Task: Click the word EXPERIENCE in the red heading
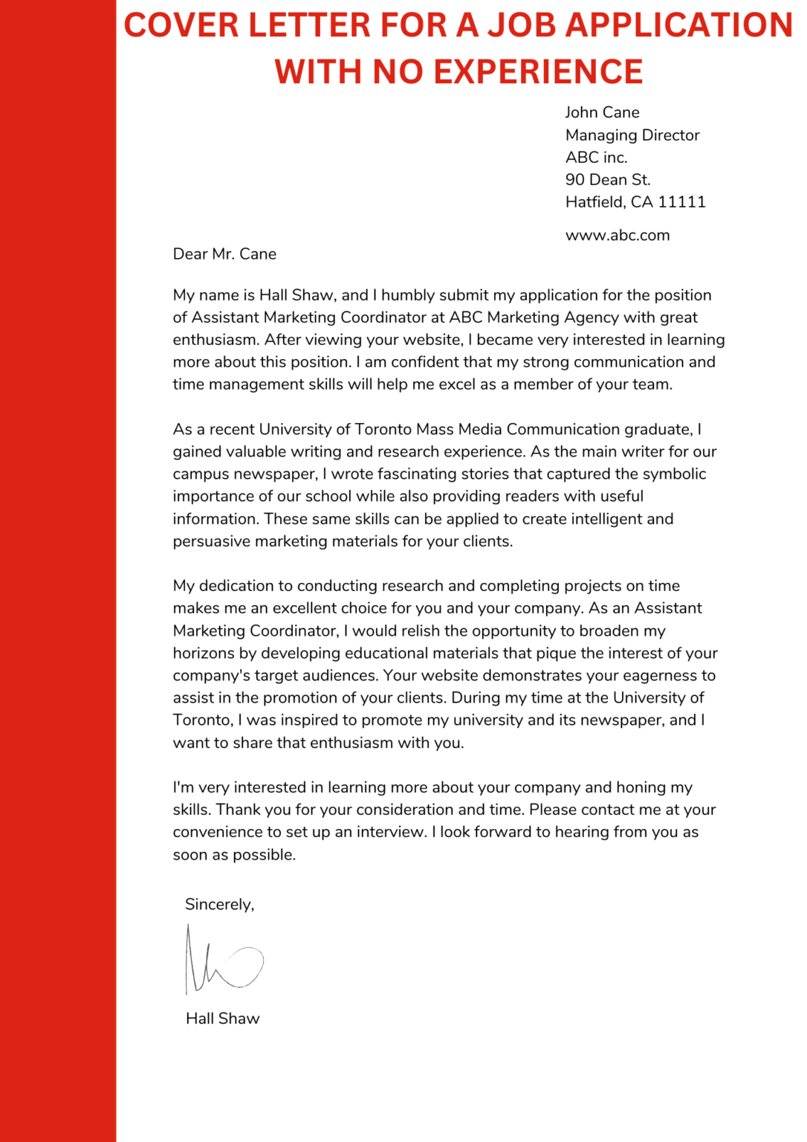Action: pyautogui.click(x=538, y=72)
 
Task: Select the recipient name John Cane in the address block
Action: pyautogui.click(x=602, y=112)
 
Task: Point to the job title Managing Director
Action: pyautogui.click(x=632, y=135)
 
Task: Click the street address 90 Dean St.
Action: pyautogui.click(x=608, y=180)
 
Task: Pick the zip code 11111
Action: pyautogui.click(x=681, y=202)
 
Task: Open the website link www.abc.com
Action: pyautogui.click(x=618, y=236)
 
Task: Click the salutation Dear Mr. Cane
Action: pyautogui.click(x=224, y=254)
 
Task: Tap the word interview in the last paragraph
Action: pyautogui.click(x=391, y=832)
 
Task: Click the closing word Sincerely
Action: pyautogui.click(x=219, y=905)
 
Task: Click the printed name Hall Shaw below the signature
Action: pyautogui.click(x=223, y=1019)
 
